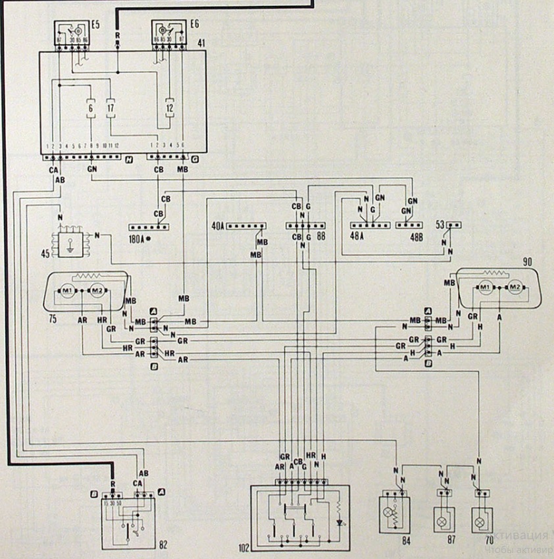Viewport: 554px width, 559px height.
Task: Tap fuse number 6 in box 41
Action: (90, 107)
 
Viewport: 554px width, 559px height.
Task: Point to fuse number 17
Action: (111, 107)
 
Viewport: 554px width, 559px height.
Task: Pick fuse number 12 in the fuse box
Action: (170, 107)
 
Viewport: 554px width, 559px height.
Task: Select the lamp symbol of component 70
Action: (480, 521)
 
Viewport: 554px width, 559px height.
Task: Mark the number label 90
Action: (527, 262)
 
